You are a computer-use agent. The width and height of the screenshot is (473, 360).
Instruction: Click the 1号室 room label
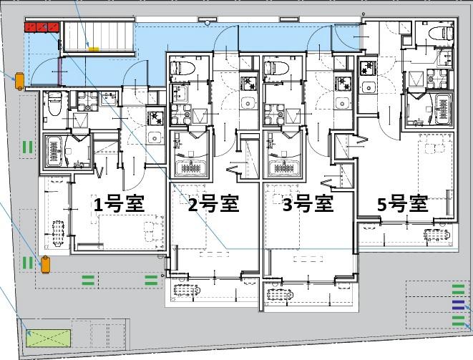tap(119, 204)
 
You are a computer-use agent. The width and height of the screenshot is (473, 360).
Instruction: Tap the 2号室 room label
tap(213, 205)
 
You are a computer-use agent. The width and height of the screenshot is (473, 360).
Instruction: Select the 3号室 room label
tap(308, 205)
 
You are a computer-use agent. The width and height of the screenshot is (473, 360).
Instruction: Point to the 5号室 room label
tap(403, 204)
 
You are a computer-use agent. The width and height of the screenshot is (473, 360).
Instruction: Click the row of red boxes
tap(42, 27)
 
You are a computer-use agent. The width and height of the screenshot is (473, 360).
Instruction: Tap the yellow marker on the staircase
tap(93, 49)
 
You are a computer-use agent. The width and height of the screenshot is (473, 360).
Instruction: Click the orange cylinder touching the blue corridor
tap(19, 81)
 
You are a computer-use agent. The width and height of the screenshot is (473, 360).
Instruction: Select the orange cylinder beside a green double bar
tap(45, 263)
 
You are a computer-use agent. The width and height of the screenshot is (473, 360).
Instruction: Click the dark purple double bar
tap(458, 305)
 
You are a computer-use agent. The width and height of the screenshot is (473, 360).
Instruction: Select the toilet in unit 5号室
tap(435, 31)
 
